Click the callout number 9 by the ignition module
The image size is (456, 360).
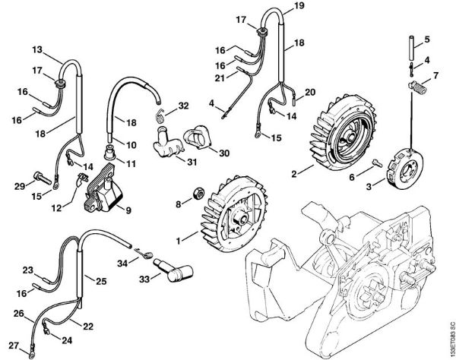pos(128,210)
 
